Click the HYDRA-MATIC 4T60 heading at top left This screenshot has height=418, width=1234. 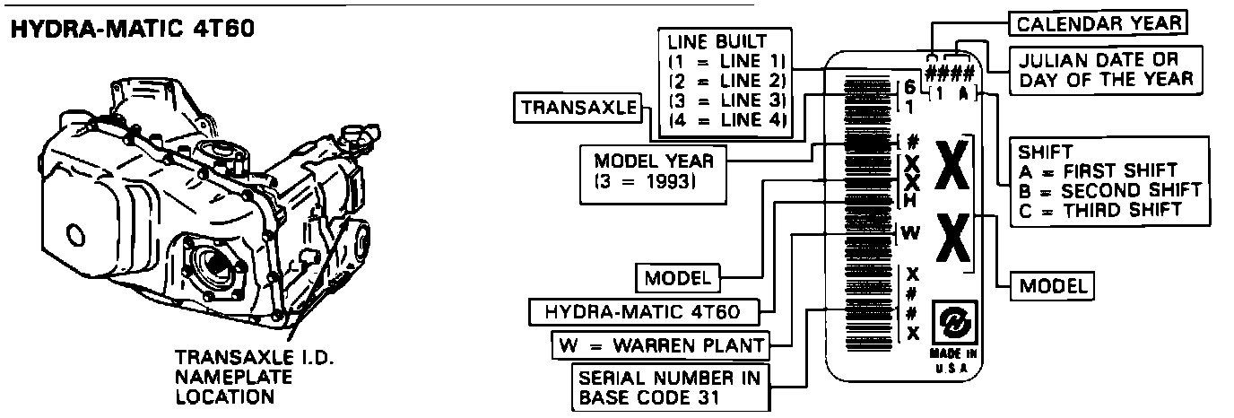tap(133, 30)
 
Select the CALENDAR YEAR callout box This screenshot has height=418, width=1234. tap(1098, 22)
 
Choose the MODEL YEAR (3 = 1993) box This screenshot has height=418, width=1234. tap(654, 170)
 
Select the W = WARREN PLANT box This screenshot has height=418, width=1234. tap(660, 344)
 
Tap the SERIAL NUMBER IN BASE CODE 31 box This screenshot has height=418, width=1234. tap(671, 387)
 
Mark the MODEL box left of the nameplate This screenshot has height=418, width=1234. tap(678, 277)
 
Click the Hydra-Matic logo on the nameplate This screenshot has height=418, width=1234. tap(952, 319)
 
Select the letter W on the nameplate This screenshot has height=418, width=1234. tap(909, 233)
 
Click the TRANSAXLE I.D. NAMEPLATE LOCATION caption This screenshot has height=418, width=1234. tap(255, 376)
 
